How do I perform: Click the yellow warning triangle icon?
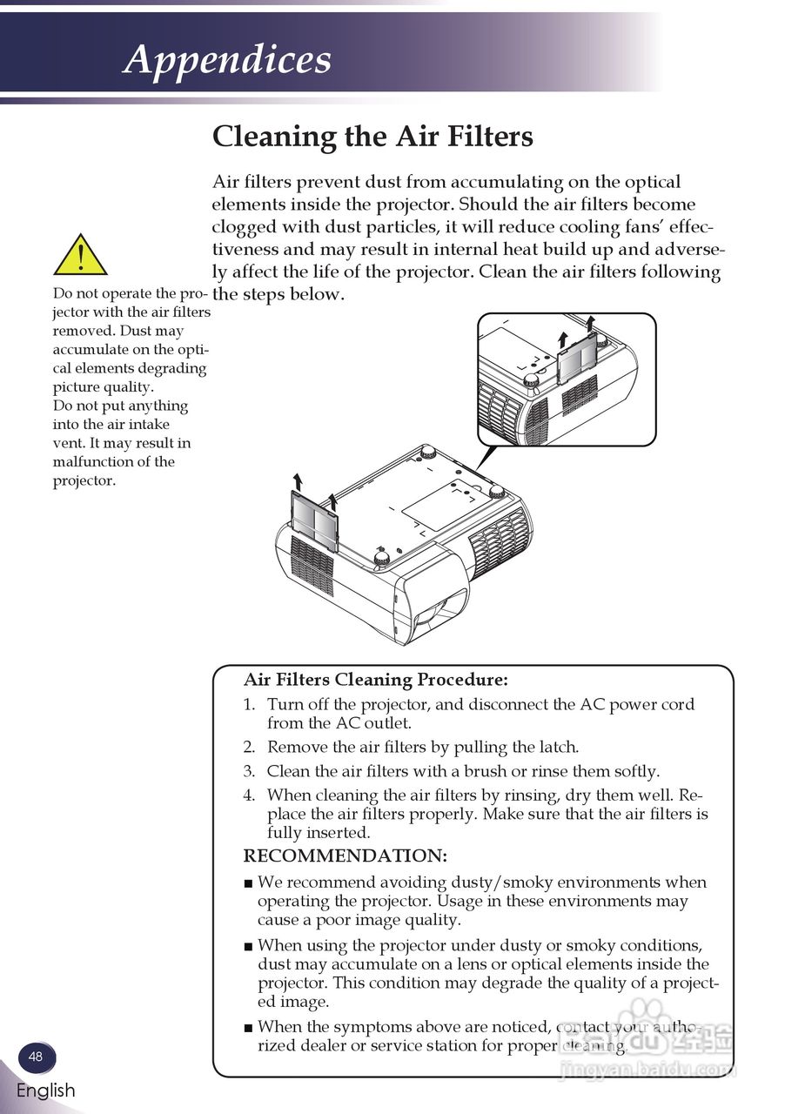pyautogui.click(x=80, y=256)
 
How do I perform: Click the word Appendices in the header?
pyautogui.click(x=227, y=59)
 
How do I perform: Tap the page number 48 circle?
pyautogui.click(x=36, y=1057)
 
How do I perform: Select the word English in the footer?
pyautogui.click(x=45, y=1091)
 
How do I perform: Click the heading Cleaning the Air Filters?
pyautogui.click(x=372, y=137)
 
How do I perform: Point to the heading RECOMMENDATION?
pyautogui.click(x=345, y=856)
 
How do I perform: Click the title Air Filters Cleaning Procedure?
pyautogui.click(x=375, y=680)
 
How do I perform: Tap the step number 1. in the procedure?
pyautogui.click(x=249, y=705)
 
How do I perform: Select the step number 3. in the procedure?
pyautogui.click(x=249, y=771)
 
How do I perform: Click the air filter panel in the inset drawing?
pyautogui.click(x=576, y=359)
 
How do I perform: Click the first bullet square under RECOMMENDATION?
pyautogui.click(x=249, y=883)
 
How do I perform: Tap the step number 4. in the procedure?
pyautogui.click(x=249, y=795)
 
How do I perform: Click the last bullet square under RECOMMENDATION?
pyautogui.click(x=249, y=1028)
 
